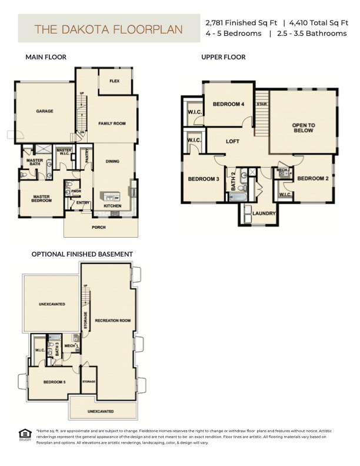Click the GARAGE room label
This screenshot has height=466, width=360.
[x=45, y=111]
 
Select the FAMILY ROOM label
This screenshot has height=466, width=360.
[x=112, y=124]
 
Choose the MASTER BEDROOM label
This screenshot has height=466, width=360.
[x=41, y=199]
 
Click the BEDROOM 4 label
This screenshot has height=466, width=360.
[x=228, y=104]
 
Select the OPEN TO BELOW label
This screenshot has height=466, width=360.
[x=304, y=128]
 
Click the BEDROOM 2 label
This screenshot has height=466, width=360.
[x=312, y=178]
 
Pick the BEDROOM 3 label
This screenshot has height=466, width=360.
[x=204, y=179]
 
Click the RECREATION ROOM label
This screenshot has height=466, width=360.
[x=112, y=320]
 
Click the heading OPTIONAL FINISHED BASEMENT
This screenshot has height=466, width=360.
[x=82, y=254]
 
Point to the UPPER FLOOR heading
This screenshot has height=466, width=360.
[x=224, y=57]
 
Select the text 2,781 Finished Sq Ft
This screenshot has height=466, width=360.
[x=241, y=22]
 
